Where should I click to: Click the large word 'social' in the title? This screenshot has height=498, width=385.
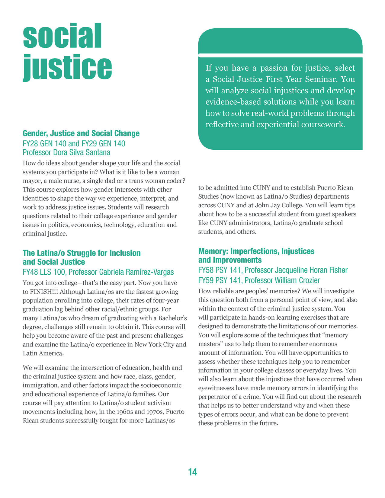tap(62, 36)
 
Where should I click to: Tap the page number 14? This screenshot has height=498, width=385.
tap(192, 472)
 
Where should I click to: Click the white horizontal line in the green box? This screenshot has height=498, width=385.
tap(280, 55)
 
